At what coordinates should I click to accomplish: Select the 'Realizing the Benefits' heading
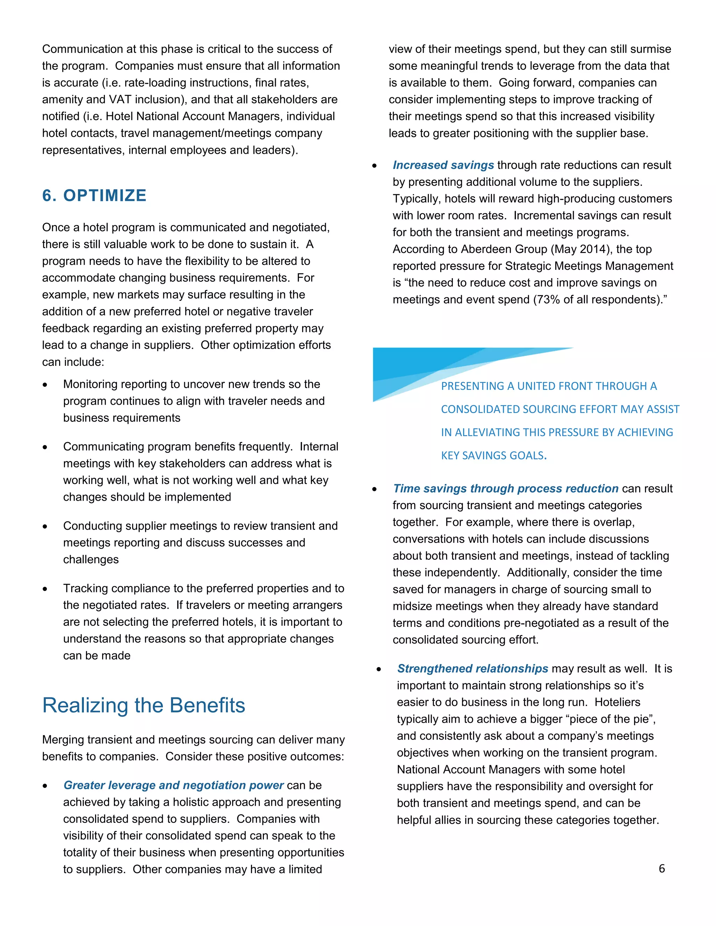tap(144, 706)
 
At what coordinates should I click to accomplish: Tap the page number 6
tap(661, 868)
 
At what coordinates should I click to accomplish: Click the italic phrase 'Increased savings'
tap(443, 165)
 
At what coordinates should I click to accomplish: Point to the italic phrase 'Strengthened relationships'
tap(473, 668)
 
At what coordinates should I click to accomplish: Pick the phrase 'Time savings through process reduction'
tap(505, 489)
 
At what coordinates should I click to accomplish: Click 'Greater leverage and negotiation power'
tap(173, 785)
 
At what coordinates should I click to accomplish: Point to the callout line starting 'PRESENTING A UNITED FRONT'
tap(549, 386)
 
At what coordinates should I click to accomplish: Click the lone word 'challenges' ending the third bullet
tap(91, 560)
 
